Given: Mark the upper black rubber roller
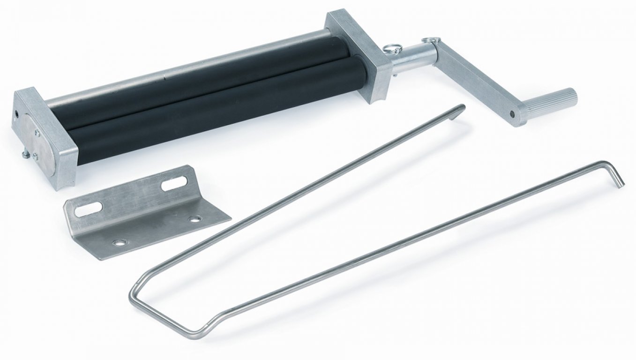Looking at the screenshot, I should [x=187, y=82].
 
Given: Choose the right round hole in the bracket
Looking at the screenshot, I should [x=194, y=218].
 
